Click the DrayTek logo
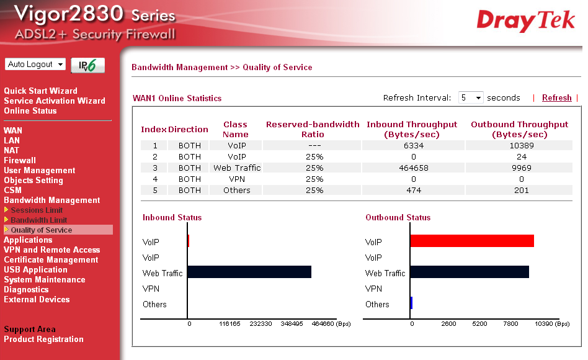click(x=525, y=20)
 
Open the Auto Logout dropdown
click(x=35, y=65)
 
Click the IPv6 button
click(x=87, y=65)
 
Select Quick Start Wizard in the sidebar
click(x=40, y=91)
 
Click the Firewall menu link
click(x=20, y=160)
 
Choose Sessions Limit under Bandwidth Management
click(x=37, y=210)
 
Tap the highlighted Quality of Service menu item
click(x=41, y=230)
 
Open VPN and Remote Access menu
click(x=51, y=250)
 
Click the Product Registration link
click(x=43, y=339)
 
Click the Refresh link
click(x=556, y=97)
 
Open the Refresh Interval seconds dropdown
click(x=471, y=97)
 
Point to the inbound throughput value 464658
click(x=412, y=168)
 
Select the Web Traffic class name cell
click(x=237, y=168)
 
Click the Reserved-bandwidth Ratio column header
click(x=312, y=129)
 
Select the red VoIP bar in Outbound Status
click(x=471, y=241)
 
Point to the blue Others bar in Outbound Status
click(x=411, y=303)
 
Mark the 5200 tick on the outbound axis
click(x=479, y=324)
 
